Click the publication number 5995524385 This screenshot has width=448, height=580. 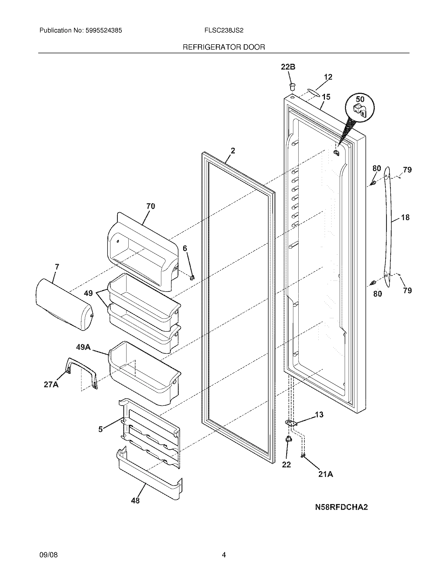point(104,31)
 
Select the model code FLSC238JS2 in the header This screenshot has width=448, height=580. point(224,31)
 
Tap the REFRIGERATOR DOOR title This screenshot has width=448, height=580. point(224,47)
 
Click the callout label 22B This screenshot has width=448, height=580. point(288,67)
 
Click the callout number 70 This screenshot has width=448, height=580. point(150,206)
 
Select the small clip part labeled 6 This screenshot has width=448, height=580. point(193,277)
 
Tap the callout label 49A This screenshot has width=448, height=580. point(83,347)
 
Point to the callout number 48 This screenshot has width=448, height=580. point(135,501)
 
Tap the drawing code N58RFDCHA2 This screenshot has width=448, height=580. point(341,507)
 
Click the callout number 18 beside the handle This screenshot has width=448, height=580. point(405,217)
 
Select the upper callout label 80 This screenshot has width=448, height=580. point(377,168)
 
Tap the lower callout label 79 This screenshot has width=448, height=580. point(407,291)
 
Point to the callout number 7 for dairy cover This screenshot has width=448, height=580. point(57,267)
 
